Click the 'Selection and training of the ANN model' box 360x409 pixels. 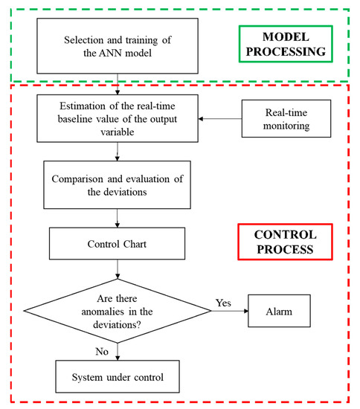click(118, 46)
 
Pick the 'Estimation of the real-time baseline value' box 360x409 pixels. click(118, 120)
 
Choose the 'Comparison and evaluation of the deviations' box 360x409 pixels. click(118, 185)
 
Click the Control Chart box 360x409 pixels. click(118, 243)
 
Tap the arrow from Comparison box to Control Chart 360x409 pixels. click(118, 218)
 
